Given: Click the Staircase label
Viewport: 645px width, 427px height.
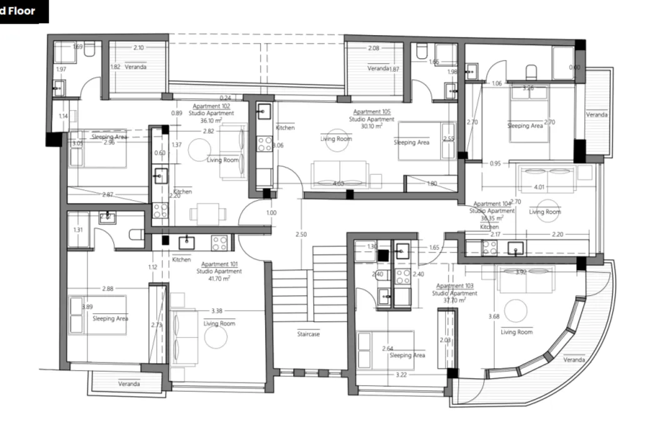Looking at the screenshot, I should click(x=308, y=334).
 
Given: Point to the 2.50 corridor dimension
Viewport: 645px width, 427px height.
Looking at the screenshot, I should click(x=301, y=234).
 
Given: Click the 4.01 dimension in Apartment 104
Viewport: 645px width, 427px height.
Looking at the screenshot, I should click(x=539, y=186).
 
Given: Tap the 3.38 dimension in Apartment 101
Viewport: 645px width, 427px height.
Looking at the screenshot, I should click(x=217, y=311).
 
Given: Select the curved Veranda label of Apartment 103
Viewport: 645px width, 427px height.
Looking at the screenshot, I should click(x=574, y=360).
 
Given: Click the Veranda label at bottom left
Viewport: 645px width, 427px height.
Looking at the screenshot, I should click(x=129, y=383).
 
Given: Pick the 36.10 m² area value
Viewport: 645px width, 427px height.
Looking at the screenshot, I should click(x=211, y=121).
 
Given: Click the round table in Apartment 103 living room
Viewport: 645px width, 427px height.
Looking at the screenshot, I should click(x=517, y=311).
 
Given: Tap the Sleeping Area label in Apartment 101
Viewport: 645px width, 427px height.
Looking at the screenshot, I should click(x=111, y=319).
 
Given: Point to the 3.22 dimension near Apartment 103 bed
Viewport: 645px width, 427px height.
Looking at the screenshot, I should click(x=402, y=375).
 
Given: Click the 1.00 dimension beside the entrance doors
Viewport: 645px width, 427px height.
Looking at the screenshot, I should click(x=271, y=213).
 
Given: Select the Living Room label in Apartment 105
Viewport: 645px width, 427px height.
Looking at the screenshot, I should click(x=336, y=139).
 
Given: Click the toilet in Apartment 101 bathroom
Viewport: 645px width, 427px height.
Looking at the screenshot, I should click(x=136, y=236).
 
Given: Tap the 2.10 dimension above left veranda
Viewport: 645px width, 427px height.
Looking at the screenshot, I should click(x=138, y=48).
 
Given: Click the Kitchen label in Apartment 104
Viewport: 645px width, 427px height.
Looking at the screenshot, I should click(x=489, y=227).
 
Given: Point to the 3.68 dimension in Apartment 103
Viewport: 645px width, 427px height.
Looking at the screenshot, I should click(x=493, y=316).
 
